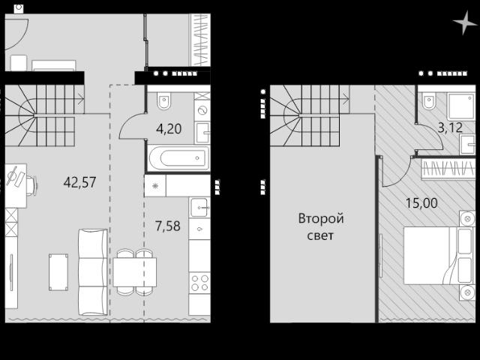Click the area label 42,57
pos(80,182)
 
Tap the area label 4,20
pos(169,129)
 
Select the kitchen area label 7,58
pos(168,226)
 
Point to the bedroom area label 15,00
pos(421,203)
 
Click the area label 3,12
pos(450,127)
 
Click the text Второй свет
pos(321,227)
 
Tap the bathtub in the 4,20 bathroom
pos(178,158)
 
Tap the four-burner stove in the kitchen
pos(199,283)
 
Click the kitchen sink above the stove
pos(199,208)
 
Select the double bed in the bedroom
pos(435,255)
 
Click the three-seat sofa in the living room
pos(93,271)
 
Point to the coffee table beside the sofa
pos(58,272)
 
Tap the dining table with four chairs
pos(135,272)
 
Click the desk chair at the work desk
pos(31,185)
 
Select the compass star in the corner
pos(465,22)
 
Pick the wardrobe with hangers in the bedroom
pos(448,169)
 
